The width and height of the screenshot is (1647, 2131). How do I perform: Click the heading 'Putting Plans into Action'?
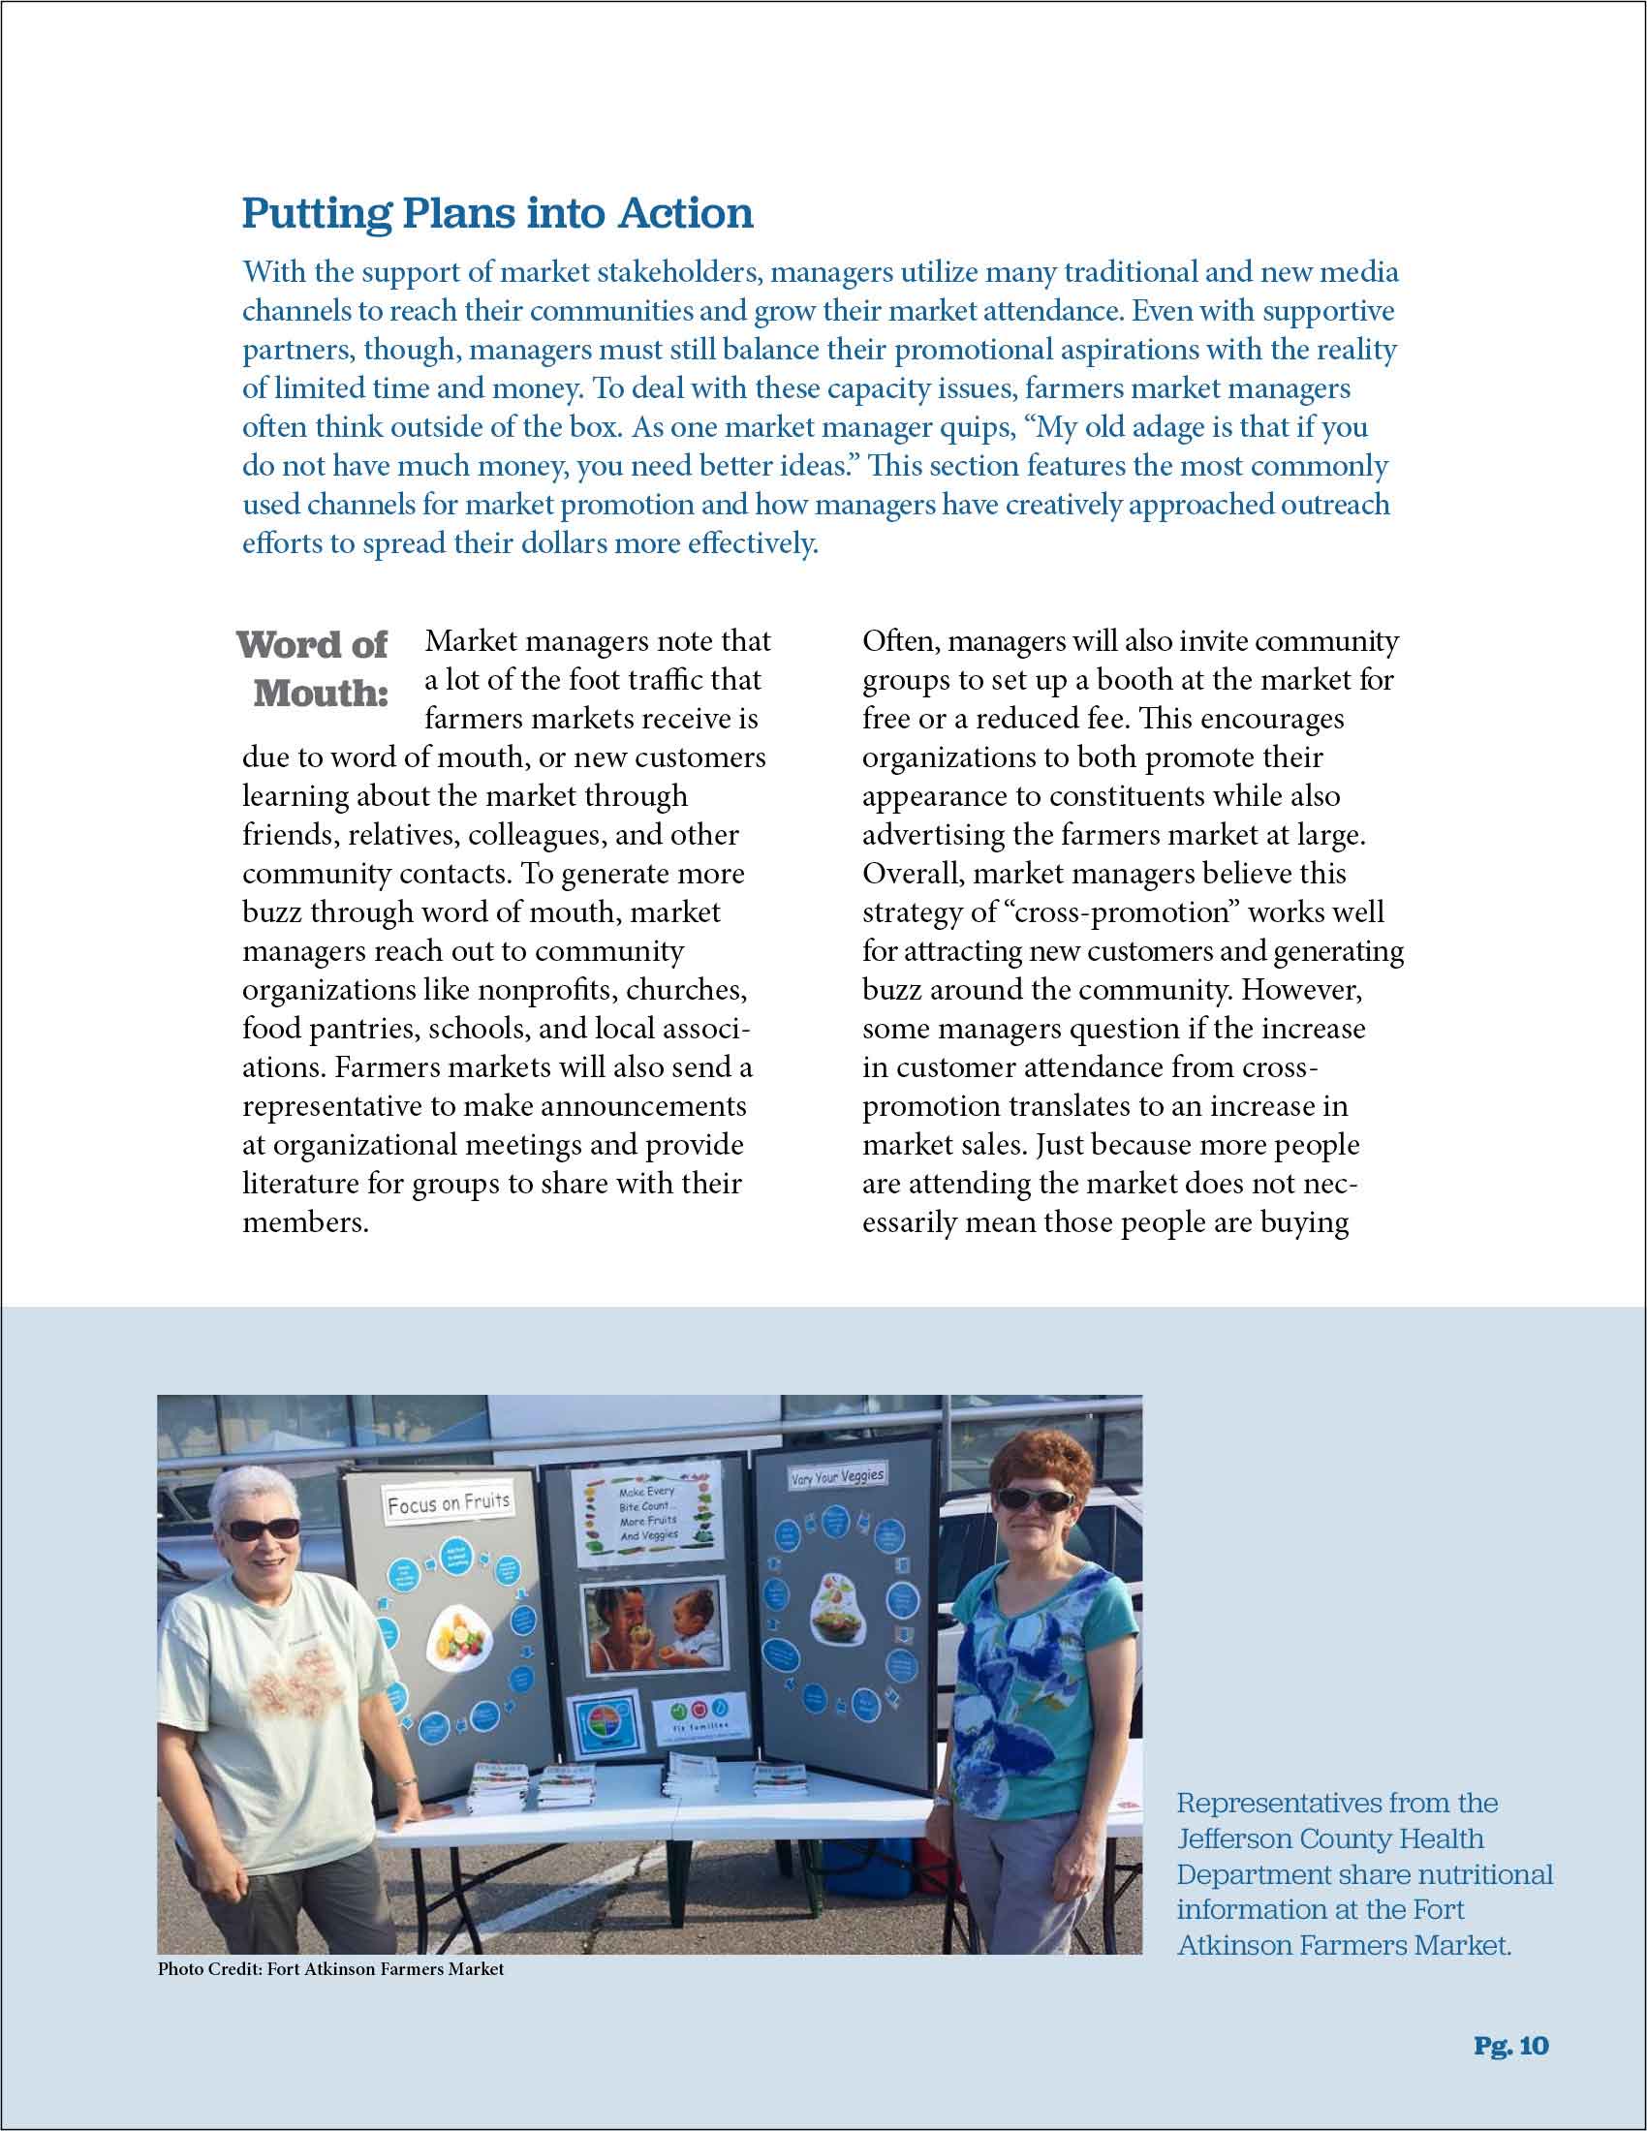tap(498, 214)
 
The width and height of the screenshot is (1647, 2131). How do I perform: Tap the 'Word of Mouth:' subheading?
tap(313, 668)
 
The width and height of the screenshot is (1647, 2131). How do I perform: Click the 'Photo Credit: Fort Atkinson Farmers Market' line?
tap(330, 1969)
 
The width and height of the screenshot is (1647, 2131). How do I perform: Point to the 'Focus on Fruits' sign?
tap(448, 1503)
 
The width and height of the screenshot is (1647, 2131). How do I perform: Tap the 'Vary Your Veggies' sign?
tap(837, 1476)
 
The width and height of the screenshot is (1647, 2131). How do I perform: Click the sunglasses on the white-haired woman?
tap(262, 1529)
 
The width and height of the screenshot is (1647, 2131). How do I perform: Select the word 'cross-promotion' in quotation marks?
tap(1120, 912)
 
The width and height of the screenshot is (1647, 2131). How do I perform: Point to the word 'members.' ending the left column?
tap(305, 1222)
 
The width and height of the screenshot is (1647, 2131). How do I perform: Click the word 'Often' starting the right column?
tap(900, 642)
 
